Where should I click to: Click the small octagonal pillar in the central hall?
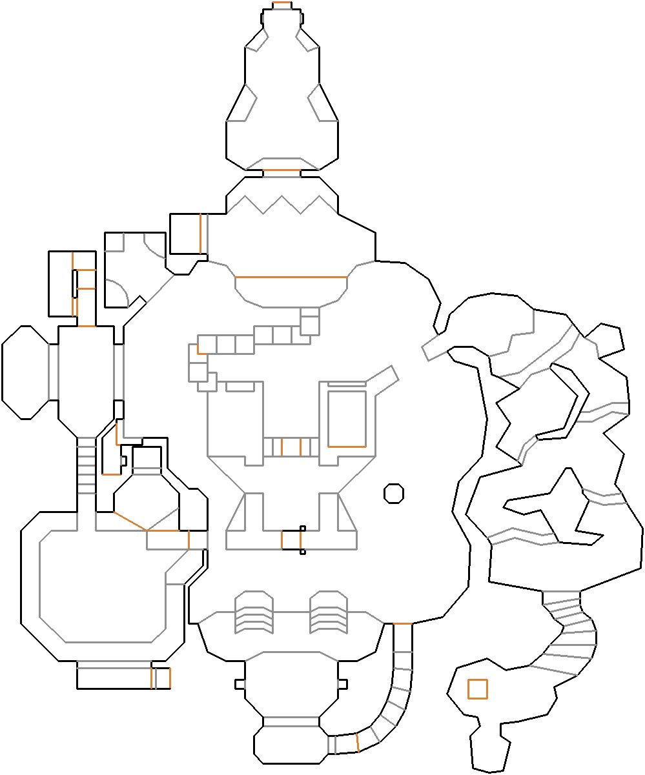click(x=394, y=493)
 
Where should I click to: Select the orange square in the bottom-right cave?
click(x=477, y=689)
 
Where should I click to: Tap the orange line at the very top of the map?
click(x=282, y=4)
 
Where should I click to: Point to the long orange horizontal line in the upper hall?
click(x=291, y=277)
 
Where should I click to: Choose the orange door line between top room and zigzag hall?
click(x=282, y=171)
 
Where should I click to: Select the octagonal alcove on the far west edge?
click(x=25, y=372)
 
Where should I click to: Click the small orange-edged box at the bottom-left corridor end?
click(x=161, y=678)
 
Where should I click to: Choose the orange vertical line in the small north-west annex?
click(x=200, y=234)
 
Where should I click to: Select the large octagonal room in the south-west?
click(x=100, y=584)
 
